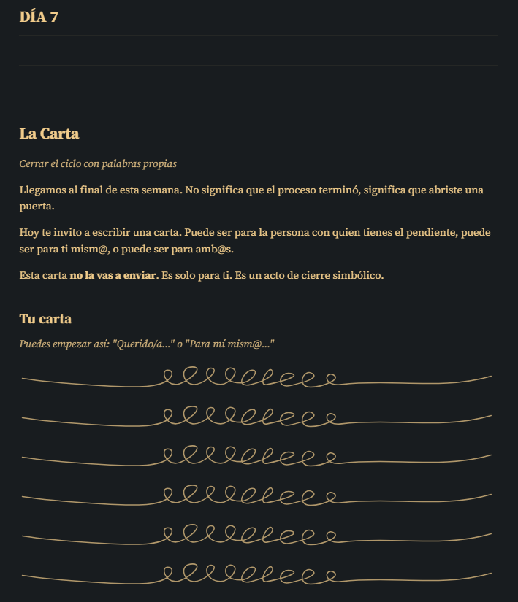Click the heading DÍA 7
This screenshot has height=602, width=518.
[x=39, y=18]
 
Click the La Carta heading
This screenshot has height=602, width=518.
[x=49, y=134]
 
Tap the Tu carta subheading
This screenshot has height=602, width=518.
[x=45, y=319]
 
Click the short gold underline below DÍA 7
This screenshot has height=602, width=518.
[x=72, y=85]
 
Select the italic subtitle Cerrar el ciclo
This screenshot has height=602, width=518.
[x=98, y=164]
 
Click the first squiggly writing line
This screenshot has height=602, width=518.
[x=256, y=379]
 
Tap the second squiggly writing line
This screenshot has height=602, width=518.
[x=256, y=417]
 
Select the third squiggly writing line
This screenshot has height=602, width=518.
[x=256, y=457]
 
